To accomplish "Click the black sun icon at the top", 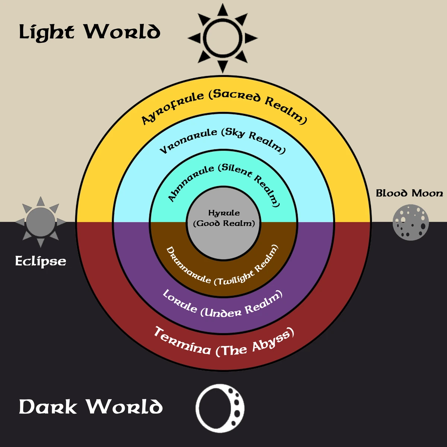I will [x=223, y=38].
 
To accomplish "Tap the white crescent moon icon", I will [x=220, y=408].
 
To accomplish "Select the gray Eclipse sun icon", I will [x=41, y=222].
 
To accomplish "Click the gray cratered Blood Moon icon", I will [x=411, y=222].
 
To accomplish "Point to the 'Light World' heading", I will [x=89, y=32].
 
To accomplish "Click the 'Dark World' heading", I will [x=91, y=406].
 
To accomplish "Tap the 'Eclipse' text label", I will [x=41, y=261].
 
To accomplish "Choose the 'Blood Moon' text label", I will [x=409, y=193].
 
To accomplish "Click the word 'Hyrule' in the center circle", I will [x=224, y=213].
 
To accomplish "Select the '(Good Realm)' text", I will [x=224, y=223].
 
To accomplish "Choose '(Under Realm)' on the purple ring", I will [x=242, y=307].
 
